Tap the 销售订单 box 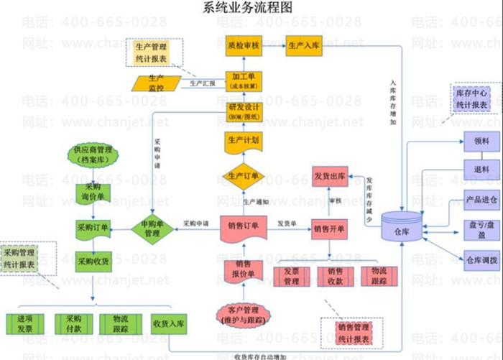pyautogui.click(x=244, y=228)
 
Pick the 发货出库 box pyautogui.click(x=330, y=176)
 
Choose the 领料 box pyautogui.click(x=481, y=142)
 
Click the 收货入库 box pyautogui.click(x=169, y=324)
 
